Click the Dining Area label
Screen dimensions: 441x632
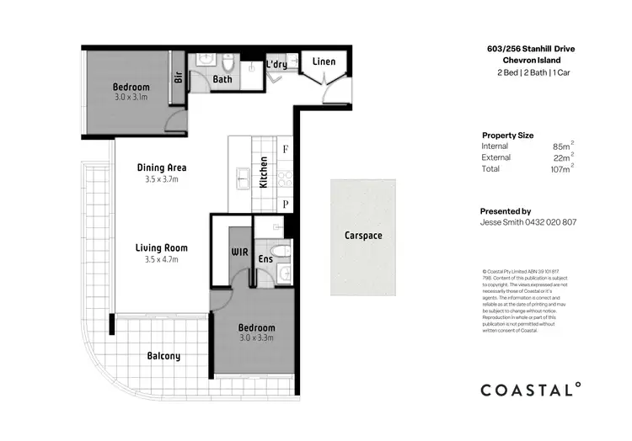[162, 167]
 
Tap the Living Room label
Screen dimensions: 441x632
[162, 248]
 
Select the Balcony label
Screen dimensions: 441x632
[163, 356]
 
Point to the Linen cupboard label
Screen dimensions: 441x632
[324, 62]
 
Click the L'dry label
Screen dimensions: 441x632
[277, 65]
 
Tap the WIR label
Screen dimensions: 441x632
[238, 252]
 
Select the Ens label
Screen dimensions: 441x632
[265, 259]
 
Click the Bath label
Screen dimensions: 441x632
[222, 80]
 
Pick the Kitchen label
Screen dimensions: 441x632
[264, 172]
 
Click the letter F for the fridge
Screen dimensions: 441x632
[286, 150]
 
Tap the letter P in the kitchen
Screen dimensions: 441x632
[286, 204]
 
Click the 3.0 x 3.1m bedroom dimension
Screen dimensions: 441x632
[131, 98]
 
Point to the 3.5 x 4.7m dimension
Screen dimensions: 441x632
[162, 260]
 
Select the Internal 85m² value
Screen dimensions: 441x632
[563, 146]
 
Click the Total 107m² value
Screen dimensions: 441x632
[561, 169]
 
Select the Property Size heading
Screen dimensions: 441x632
[507, 135]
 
